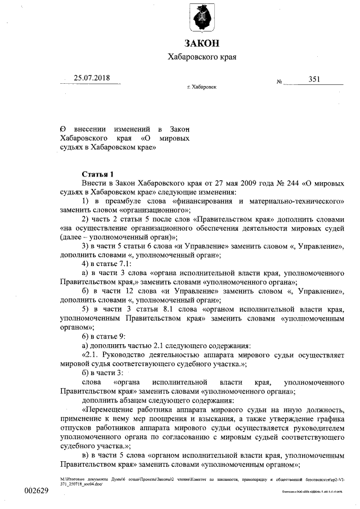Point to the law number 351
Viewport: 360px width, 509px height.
[x=314, y=79]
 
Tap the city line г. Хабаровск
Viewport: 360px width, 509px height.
[x=201, y=88]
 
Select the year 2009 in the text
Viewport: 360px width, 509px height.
[x=247, y=183]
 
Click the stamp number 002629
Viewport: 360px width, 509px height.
[x=36, y=491]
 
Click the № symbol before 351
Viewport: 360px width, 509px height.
[x=279, y=82]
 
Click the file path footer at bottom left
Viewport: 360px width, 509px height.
[x=169, y=481]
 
